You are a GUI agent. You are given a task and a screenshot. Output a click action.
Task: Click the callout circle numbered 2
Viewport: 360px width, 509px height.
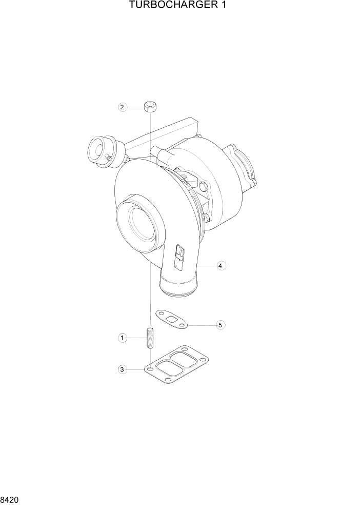pyautogui.click(x=122, y=107)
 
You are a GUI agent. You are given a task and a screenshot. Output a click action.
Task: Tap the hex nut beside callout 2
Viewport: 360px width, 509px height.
pyautogui.click(x=150, y=107)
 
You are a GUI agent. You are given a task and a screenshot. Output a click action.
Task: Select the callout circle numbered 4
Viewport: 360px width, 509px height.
pyautogui.click(x=220, y=266)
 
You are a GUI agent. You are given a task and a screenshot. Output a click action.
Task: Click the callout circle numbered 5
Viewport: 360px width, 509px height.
pyautogui.click(x=220, y=325)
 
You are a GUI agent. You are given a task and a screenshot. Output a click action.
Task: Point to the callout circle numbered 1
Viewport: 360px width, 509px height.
pyautogui.click(x=122, y=338)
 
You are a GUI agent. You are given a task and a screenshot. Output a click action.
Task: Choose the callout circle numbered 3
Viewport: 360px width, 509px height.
pyautogui.click(x=122, y=369)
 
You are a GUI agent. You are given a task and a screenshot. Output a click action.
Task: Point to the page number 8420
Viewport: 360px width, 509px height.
pyautogui.click(x=11, y=498)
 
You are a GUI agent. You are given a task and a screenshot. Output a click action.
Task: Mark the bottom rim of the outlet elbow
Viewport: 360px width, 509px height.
pyautogui.click(x=178, y=292)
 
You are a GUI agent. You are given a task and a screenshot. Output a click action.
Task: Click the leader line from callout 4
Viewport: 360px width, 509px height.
pyautogui.click(x=207, y=266)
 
